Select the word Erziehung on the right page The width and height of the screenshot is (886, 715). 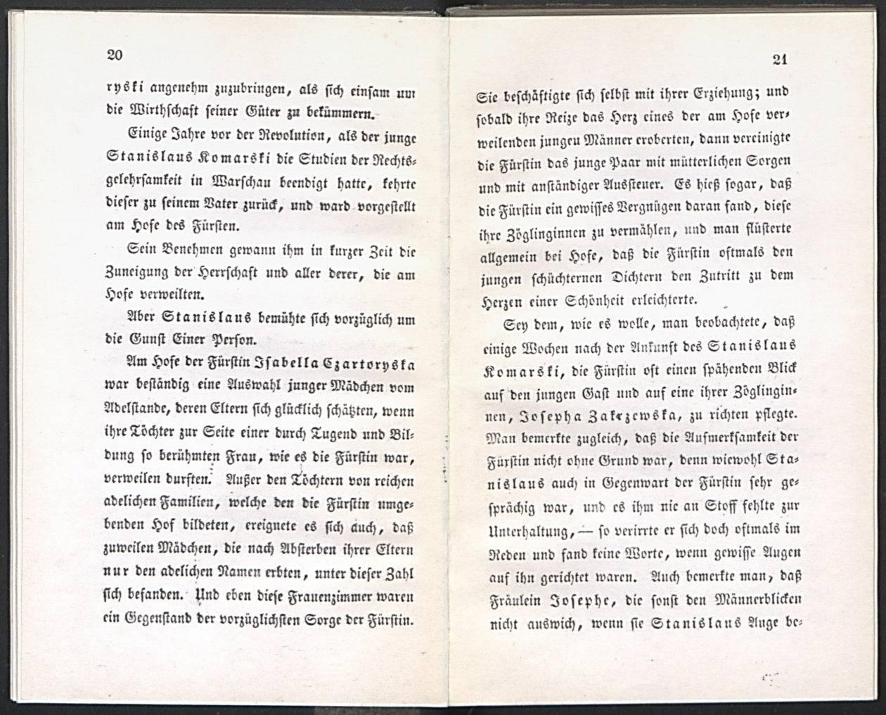[713, 92]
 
